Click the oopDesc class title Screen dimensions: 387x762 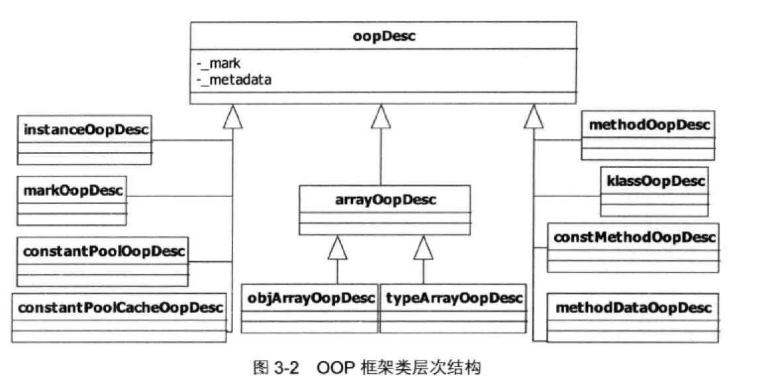point(383,36)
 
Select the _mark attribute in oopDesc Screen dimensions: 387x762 point(218,64)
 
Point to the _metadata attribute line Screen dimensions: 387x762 point(234,79)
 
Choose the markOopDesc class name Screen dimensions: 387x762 point(70,191)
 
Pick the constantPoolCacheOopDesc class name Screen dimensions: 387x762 point(119,308)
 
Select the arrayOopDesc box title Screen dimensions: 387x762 point(384,199)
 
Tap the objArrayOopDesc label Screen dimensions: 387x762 point(309,298)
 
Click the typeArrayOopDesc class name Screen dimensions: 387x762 point(453,298)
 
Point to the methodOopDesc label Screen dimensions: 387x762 point(648,125)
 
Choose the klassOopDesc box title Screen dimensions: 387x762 point(653,181)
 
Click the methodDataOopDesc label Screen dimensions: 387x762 point(634,308)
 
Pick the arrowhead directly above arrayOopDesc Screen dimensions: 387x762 point(380,117)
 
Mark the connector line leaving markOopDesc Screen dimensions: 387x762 point(179,196)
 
